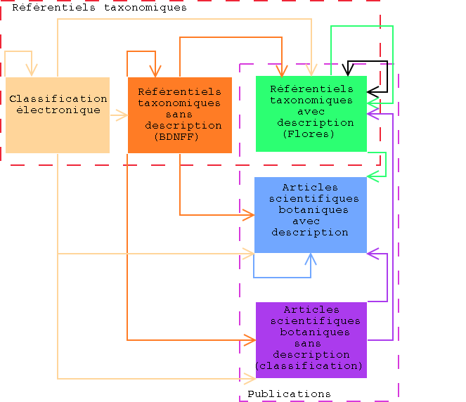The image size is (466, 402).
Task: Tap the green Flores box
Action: pos(311,113)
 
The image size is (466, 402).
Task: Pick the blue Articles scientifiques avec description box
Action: pos(310,214)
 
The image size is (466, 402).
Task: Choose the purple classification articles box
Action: pos(311,339)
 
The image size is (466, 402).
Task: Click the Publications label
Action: pos(289,394)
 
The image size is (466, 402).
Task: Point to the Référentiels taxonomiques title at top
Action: pos(99,8)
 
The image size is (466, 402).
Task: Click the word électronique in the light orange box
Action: pos(58,110)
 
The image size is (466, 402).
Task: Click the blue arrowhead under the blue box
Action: pos(310,258)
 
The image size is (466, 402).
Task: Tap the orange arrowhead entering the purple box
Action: pos(250,340)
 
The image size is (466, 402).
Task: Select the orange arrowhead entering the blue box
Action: pos(249,214)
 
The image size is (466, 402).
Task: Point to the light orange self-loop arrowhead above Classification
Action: pos(31,71)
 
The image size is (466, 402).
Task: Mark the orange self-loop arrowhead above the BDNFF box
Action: pos(155,72)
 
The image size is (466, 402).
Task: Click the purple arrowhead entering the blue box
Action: pos(372,252)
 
